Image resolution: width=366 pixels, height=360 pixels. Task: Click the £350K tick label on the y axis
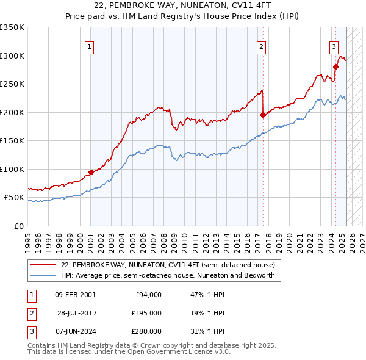point(12,27)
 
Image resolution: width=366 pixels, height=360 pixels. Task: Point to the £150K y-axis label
point(12,141)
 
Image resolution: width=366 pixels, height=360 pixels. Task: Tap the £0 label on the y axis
point(18,226)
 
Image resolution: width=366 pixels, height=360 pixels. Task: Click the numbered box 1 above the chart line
point(90,46)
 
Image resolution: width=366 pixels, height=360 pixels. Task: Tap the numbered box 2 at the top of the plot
point(261,46)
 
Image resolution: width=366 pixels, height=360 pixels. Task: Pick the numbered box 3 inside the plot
point(334,46)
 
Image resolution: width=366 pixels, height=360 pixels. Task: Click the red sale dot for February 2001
point(91,172)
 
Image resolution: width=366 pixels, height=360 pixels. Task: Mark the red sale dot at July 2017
point(263,115)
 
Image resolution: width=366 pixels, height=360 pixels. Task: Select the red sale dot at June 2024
point(335,67)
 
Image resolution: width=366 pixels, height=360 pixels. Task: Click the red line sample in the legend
point(44,265)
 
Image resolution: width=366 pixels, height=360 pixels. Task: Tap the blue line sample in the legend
point(44,275)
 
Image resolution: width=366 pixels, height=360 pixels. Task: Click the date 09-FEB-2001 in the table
point(75,295)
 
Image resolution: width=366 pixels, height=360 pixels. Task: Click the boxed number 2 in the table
point(30,313)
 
